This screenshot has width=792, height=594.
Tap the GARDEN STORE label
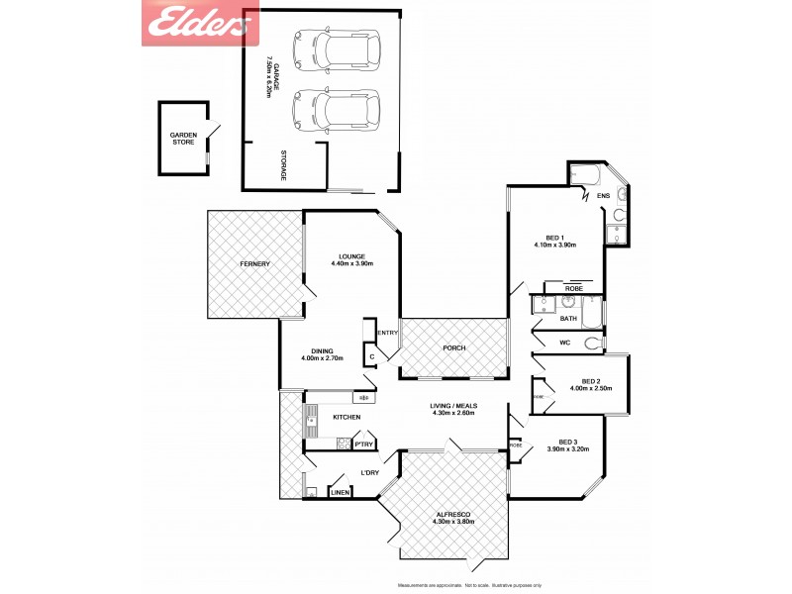pos(183,139)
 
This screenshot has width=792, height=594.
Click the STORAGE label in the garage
pos(283,163)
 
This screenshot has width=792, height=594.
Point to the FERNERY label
pos(254,263)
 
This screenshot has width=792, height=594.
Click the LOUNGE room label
pos(351,254)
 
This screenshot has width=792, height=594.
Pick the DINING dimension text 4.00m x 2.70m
pos(322,358)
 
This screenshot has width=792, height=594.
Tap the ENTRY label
pos(387,333)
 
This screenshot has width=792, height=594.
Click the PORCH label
pos(454,347)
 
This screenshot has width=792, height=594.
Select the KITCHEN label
pos(346,417)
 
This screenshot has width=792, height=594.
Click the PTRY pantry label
pos(363,445)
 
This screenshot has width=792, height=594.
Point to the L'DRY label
pos(370,472)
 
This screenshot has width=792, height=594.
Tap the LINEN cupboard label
pos(340,492)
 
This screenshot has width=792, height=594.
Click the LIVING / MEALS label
pos(453,406)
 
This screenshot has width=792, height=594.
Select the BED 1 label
pos(554,238)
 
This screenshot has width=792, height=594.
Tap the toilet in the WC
pos(593,344)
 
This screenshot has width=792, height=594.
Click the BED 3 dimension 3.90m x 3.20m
pos(568,449)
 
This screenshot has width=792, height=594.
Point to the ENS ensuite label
pos(603,196)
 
